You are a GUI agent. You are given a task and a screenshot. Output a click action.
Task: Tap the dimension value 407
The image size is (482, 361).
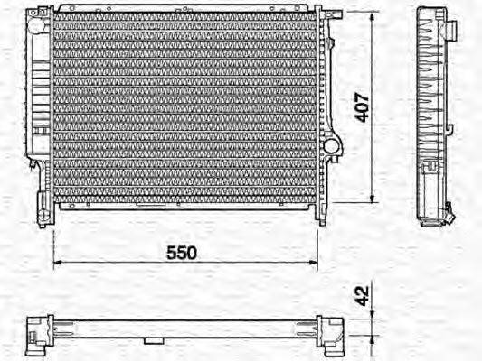coord(361,107)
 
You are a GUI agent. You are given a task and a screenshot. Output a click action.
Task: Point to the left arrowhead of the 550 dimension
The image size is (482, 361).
coord(57,263)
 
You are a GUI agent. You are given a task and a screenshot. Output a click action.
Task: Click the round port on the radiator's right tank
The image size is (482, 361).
coord(332,144)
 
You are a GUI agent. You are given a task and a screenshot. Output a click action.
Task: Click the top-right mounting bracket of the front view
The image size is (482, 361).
coord(331,16)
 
